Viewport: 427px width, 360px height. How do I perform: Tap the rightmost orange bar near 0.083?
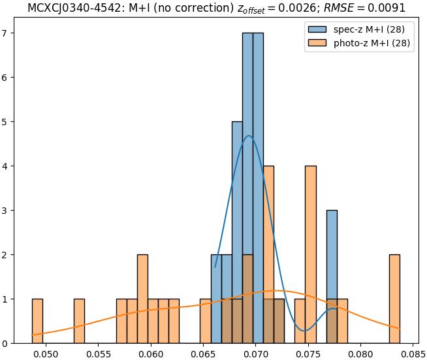click(394, 299)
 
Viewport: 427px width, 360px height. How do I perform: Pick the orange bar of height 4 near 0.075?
click(311, 254)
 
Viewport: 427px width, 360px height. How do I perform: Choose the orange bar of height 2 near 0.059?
click(142, 299)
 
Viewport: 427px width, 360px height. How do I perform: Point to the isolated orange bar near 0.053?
click(79, 321)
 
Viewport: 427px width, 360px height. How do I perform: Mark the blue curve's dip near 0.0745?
click(304, 331)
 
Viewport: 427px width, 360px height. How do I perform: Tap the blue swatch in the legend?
click(317, 30)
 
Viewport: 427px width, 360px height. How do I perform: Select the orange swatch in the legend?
click(317, 44)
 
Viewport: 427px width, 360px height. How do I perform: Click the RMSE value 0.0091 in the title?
click(385, 8)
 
